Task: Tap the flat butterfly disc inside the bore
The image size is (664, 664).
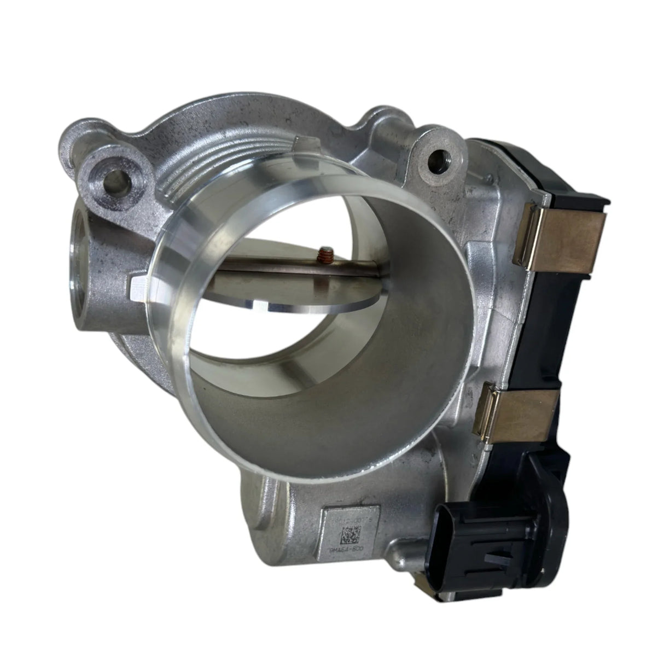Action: (x=306, y=284)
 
